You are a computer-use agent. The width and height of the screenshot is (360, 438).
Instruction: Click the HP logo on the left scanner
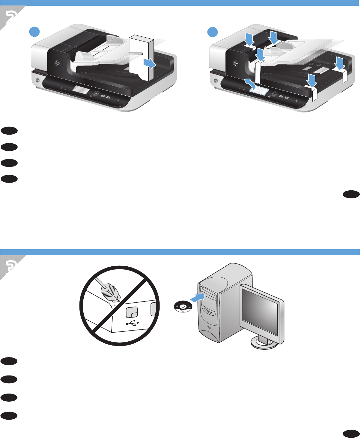coord(58,63)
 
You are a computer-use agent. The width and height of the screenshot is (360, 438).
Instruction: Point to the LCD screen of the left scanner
coord(81,90)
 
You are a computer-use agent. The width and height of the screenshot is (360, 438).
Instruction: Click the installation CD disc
coord(183,307)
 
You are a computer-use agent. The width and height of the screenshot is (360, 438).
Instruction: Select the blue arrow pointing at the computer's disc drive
coord(197,298)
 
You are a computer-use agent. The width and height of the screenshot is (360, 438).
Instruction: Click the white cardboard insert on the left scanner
coord(142,58)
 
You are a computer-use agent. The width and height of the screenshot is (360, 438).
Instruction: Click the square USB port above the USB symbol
coord(132,311)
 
